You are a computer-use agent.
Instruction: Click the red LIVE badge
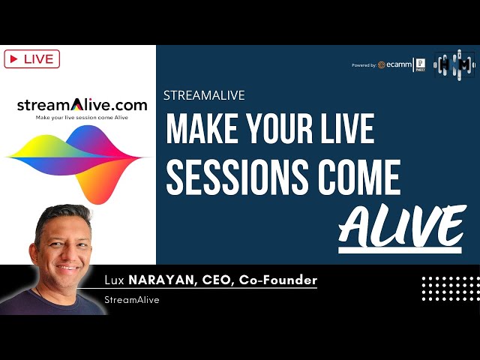click(31, 58)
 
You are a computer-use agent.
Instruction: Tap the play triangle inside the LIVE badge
click(14, 58)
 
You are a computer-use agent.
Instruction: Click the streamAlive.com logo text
click(82, 104)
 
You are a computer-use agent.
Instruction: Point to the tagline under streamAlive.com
click(82, 118)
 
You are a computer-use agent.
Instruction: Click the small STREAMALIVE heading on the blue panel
click(204, 95)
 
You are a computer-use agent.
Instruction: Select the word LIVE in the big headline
click(346, 128)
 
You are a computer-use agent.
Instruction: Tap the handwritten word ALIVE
click(401, 225)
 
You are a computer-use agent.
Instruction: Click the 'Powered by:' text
click(364, 65)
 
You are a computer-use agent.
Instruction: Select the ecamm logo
click(396, 65)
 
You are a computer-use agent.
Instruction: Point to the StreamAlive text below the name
click(132, 300)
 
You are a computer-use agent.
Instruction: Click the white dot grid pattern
click(449, 289)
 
